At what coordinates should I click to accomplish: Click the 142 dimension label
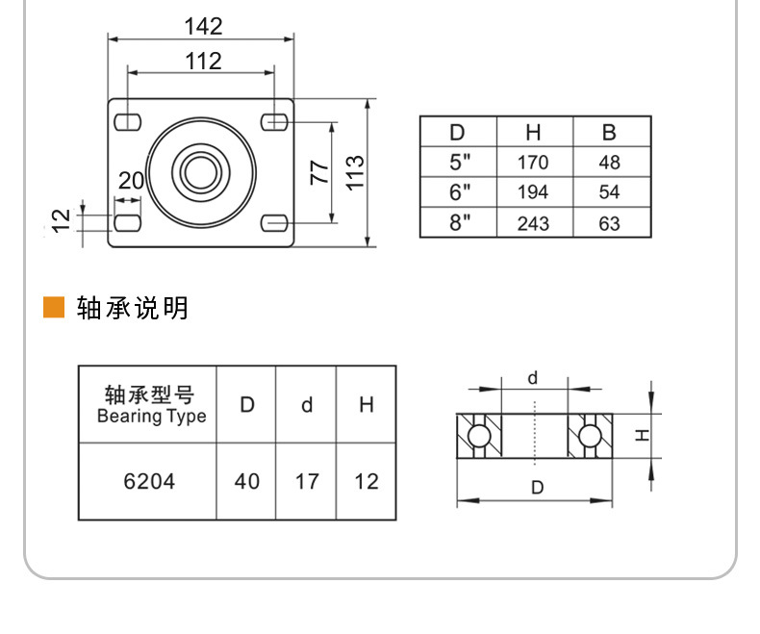click(204, 26)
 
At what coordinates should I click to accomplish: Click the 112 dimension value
click(204, 62)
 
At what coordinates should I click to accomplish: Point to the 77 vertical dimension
click(319, 172)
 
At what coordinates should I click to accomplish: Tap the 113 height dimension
click(355, 173)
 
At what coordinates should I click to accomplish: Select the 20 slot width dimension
click(131, 181)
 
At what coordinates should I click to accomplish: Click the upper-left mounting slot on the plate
click(128, 122)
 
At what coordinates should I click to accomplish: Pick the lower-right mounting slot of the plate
click(274, 223)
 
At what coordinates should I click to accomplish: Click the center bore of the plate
click(201, 172)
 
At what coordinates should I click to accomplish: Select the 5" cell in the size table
click(460, 163)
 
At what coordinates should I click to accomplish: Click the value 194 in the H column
click(533, 192)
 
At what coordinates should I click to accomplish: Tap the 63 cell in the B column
click(609, 223)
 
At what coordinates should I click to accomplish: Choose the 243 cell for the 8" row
click(533, 223)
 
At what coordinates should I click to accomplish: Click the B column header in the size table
click(609, 133)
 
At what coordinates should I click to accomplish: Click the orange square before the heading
click(54, 307)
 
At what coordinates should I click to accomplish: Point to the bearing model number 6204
click(149, 481)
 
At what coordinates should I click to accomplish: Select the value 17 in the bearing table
click(307, 481)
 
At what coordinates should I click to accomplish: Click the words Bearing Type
click(152, 417)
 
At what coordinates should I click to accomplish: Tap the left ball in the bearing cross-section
click(478, 435)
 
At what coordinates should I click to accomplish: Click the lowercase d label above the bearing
click(533, 377)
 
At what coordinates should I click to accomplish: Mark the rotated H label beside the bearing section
click(642, 435)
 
